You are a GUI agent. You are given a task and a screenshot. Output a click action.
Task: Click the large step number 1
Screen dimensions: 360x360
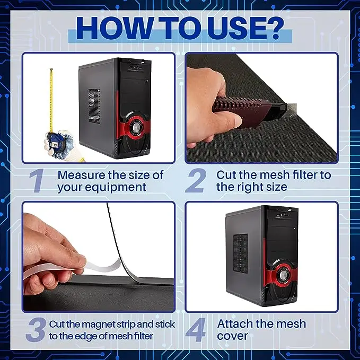[x=37, y=180]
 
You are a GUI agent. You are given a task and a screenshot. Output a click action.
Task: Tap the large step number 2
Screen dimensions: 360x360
[x=196, y=180]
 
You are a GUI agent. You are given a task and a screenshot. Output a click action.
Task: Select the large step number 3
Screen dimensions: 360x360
[x=36, y=330]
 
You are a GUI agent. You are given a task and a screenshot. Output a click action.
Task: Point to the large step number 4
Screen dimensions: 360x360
[x=196, y=330]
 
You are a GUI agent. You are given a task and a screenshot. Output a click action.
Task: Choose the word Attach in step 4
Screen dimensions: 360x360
[x=235, y=324]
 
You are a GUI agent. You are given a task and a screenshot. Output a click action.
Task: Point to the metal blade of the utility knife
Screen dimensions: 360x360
[x=292, y=109]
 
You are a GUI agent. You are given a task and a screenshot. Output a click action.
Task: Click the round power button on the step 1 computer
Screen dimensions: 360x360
[x=136, y=127]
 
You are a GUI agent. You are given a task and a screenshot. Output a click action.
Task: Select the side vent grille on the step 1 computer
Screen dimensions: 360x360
[x=94, y=106]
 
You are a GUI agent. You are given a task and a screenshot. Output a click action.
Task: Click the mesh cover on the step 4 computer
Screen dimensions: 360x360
[x=240, y=253]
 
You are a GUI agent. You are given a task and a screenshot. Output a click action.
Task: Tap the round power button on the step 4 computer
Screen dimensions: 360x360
[x=283, y=274]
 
